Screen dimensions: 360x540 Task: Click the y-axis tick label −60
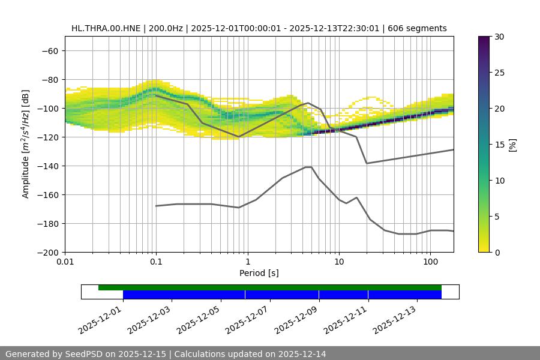(49, 51)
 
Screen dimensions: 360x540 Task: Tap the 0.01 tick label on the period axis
(65, 263)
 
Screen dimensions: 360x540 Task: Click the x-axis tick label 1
(248, 263)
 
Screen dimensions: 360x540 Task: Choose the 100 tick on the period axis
(430, 263)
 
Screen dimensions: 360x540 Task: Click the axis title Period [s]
(259, 274)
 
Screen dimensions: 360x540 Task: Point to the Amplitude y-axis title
(26, 144)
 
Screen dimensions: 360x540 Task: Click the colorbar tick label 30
(499, 37)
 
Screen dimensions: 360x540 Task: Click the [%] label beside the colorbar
(512, 145)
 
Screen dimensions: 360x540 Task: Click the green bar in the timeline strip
(270, 287)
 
